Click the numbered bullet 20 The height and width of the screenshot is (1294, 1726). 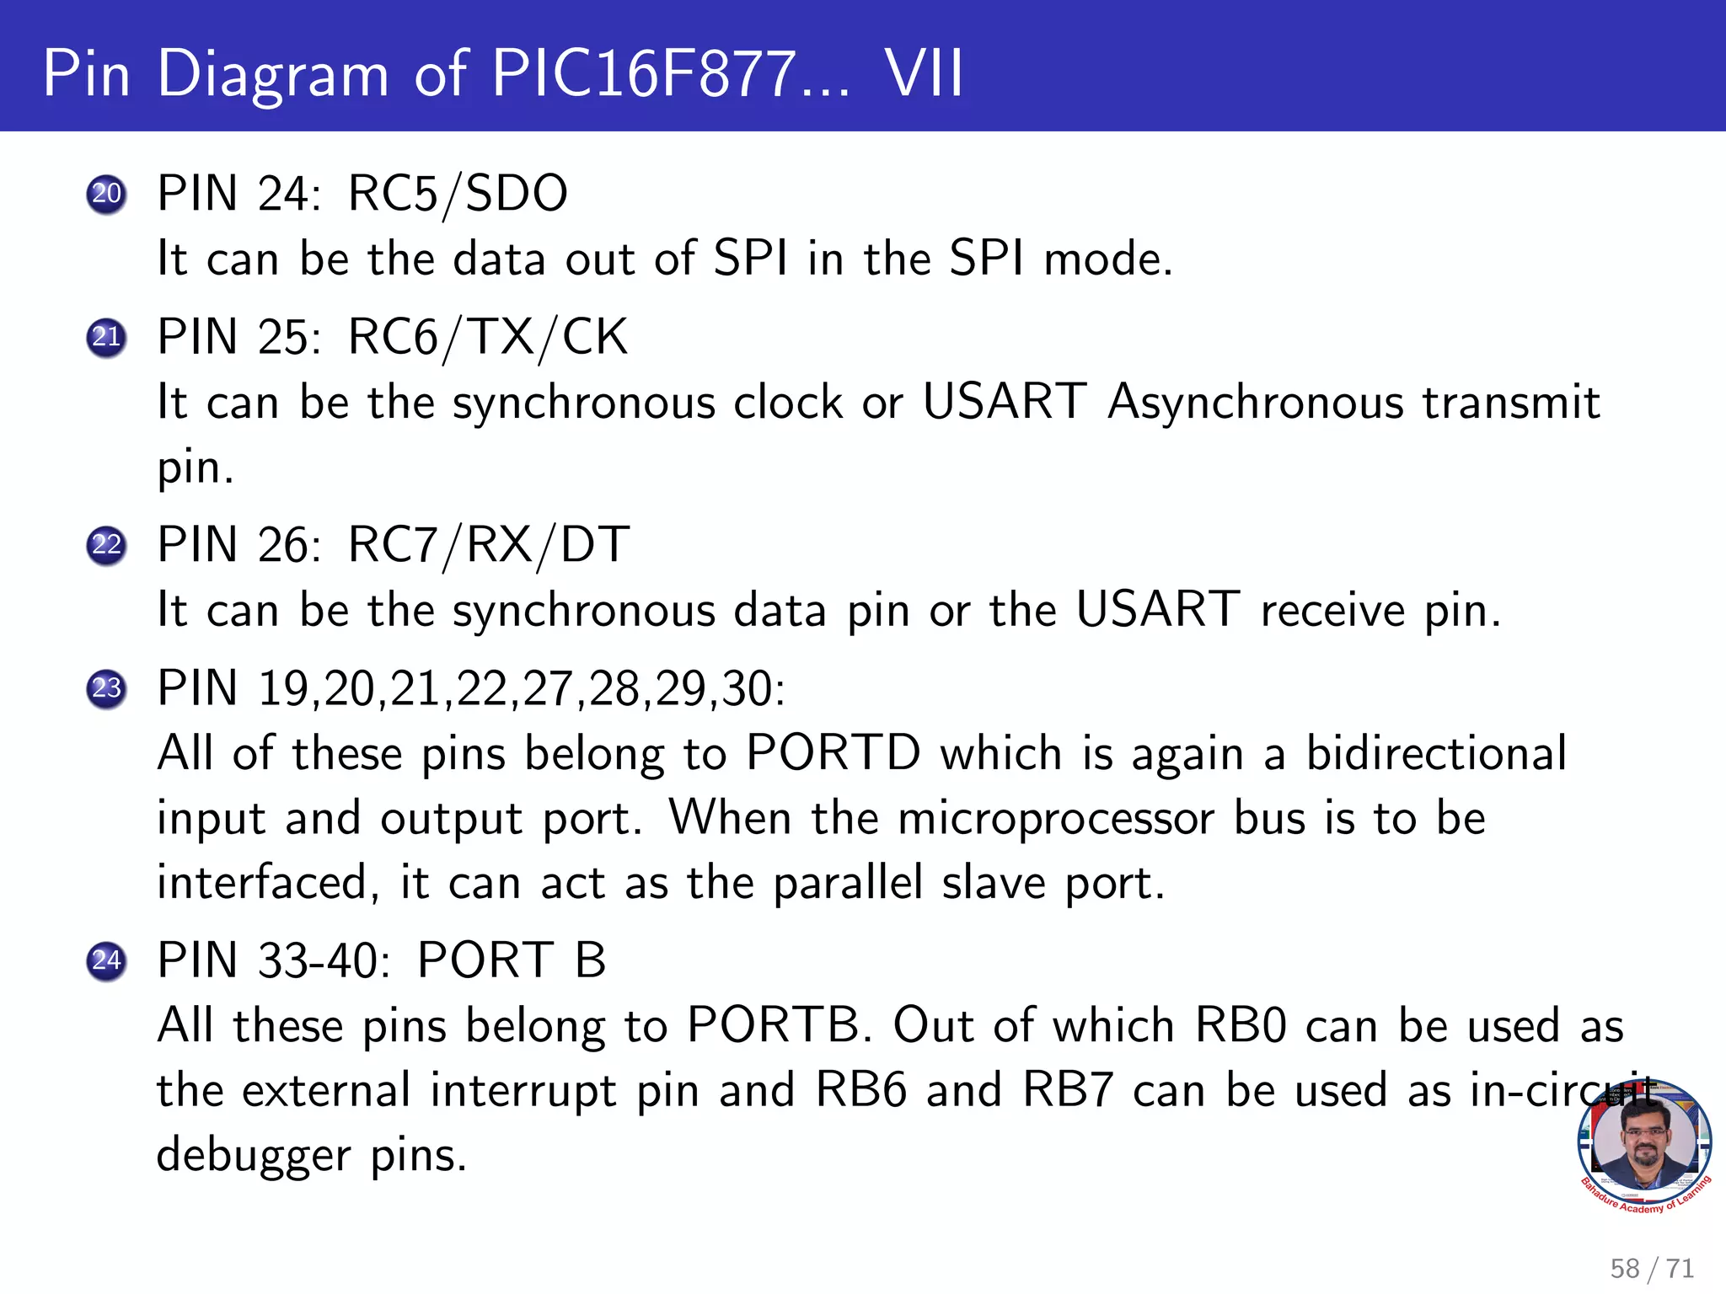(x=106, y=195)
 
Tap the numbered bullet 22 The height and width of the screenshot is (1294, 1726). (x=106, y=545)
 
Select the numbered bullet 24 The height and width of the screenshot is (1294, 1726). (x=106, y=960)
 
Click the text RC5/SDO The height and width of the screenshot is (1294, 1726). (x=458, y=194)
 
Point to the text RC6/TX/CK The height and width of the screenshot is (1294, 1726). (x=488, y=337)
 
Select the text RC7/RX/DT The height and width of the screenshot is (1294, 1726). (x=488, y=545)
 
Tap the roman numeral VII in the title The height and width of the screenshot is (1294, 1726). (x=924, y=74)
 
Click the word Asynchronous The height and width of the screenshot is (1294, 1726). (x=1256, y=402)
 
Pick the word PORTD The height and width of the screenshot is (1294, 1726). (x=834, y=752)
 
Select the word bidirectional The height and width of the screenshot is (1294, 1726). (x=1436, y=752)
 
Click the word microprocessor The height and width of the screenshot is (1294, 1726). (x=1056, y=819)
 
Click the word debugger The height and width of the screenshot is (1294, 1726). (x=254, y=1156)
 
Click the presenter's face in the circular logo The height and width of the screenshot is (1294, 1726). (x=1644, y=1138)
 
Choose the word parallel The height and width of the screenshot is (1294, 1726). (x=848, y=884)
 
